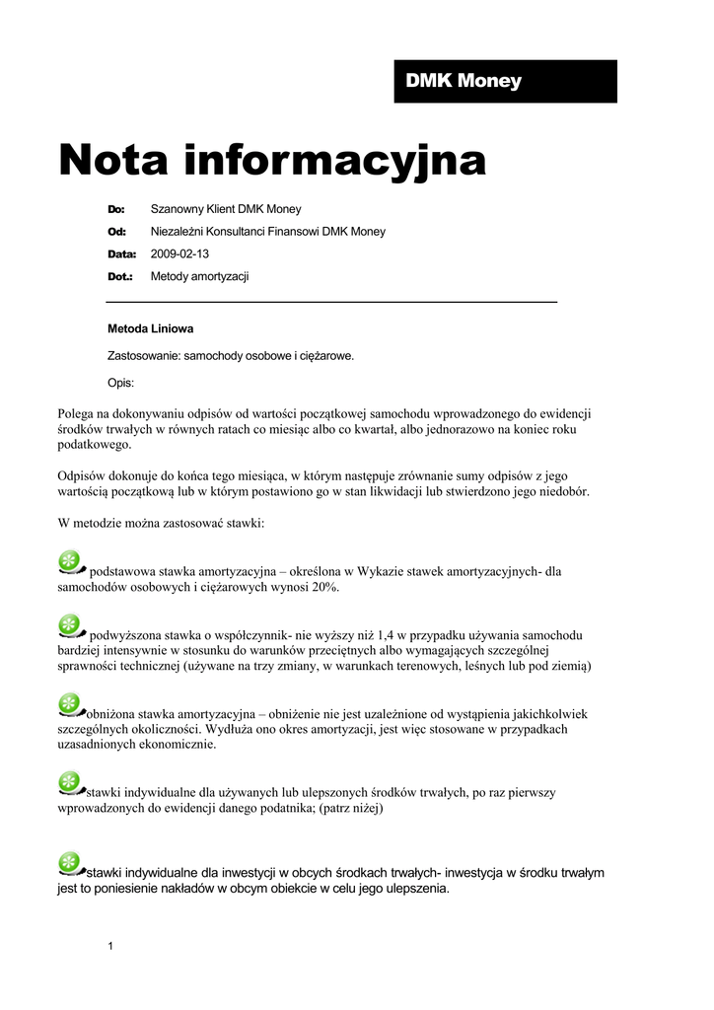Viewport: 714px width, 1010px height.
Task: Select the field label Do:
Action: coord(116,209)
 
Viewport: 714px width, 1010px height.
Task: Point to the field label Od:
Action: coord(116,232)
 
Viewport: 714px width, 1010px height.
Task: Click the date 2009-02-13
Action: coord(179,254)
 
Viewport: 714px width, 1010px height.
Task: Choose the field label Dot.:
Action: coord(120,277)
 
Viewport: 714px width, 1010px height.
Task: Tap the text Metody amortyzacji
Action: coord(199,277)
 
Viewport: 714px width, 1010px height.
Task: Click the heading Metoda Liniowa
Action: coord(151,329)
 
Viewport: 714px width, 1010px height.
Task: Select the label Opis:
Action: coord(120,383)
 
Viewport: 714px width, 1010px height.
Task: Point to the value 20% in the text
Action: coord(324,587)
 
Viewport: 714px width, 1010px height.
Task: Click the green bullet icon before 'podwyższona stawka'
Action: coord(71,626)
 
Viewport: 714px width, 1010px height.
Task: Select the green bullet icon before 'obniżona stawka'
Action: coord(71,704)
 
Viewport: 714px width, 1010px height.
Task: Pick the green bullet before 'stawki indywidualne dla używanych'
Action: coord(71,783)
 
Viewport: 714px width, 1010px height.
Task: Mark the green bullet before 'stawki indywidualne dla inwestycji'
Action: coord(71,863)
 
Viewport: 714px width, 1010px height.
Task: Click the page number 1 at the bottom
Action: coord(110,947)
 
